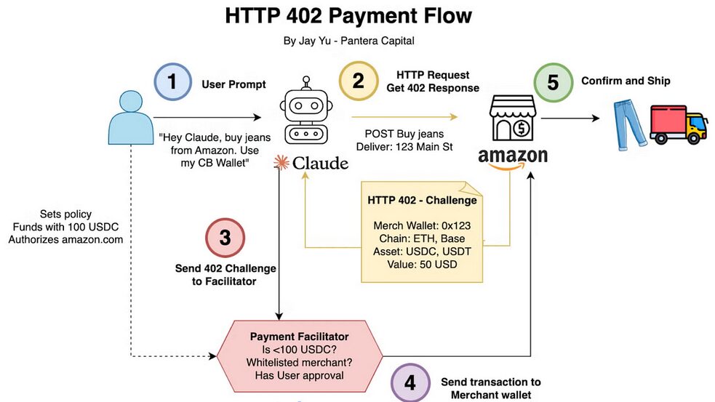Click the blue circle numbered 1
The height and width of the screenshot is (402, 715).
(x=172, y=81)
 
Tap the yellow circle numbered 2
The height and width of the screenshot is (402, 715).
(x=359, y=81)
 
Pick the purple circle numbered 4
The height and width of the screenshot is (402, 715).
(x=410, y=382)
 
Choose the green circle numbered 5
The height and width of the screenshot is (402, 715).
(x=553, y=81)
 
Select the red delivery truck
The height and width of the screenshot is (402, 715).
(x=677, y=124)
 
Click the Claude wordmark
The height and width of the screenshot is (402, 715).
(x=311, y=163)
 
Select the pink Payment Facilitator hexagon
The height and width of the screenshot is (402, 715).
(x=300, y=355)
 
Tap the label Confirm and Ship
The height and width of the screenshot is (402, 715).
(x=626, y=81)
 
